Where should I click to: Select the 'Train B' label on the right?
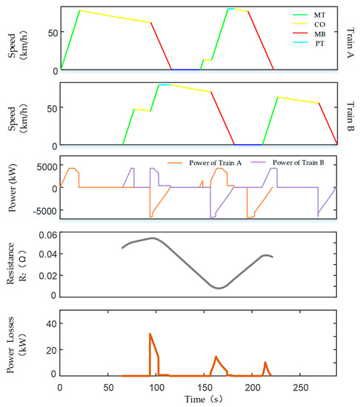(x=350, y=112)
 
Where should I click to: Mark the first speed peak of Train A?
(x=79, y=10)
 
